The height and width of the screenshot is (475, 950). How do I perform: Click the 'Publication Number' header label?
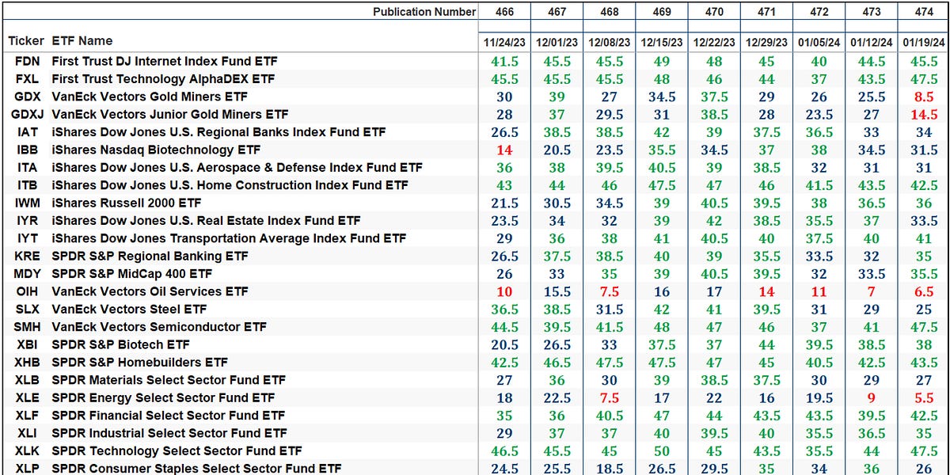pyautogui.click(x=424, y=12)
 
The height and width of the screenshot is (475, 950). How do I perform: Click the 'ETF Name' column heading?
pyautogui.click(x=82, y=41)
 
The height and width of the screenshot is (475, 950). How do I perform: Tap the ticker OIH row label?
pyautogui.click(x=26, y=291)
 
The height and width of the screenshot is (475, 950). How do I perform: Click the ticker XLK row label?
pyautogui.click(x=26, y=451)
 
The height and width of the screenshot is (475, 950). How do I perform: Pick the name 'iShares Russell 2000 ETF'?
pyautogui.click(x=127, y=203)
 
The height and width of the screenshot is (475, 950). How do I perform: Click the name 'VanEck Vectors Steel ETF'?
pyautogui.click(x=129, y=310)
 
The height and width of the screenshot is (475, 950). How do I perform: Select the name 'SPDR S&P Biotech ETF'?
pyautogui.click(x=120, y=344)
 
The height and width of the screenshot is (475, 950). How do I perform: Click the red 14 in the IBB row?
pyautogui.click(x=504, y=150)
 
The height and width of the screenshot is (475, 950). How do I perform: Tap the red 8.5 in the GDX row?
pyautogui.click(x=922, y=97)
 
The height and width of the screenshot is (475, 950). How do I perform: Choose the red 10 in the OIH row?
pyautogui.click(x=504, y=291)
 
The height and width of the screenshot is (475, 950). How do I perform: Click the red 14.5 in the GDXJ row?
pyautogui.click(x=922, y=114)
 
